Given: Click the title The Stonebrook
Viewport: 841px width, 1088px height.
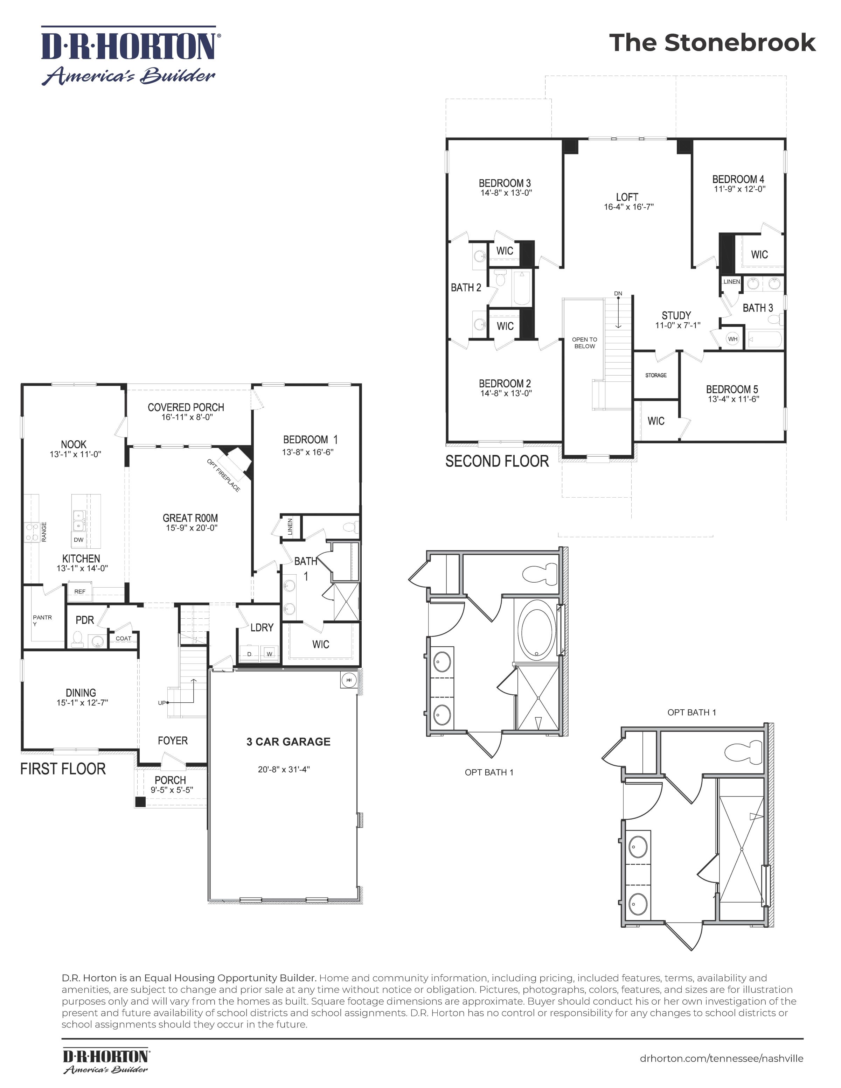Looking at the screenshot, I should point(712,43).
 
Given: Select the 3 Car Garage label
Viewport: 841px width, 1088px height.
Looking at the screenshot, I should point(288,742).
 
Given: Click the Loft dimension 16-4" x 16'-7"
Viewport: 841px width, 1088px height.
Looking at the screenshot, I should point(628,207).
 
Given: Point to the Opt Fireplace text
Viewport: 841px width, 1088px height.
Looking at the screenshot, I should point(223,476).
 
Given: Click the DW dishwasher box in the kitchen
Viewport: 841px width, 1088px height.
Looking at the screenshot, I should point(78,540).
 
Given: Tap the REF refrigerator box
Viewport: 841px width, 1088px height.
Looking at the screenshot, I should point(80,591).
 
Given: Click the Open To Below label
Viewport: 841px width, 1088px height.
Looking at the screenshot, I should point(584,343).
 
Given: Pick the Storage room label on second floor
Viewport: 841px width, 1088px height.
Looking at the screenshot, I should point(655,375).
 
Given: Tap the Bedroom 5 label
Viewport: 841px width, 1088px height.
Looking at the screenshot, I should point(731,389).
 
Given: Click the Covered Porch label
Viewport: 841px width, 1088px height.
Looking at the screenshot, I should point(186,407).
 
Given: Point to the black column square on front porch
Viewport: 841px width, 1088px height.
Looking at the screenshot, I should point(141,802).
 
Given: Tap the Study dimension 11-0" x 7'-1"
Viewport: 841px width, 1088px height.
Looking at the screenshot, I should point(677,325).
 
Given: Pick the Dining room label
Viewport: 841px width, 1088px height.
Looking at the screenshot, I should point(81,693).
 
